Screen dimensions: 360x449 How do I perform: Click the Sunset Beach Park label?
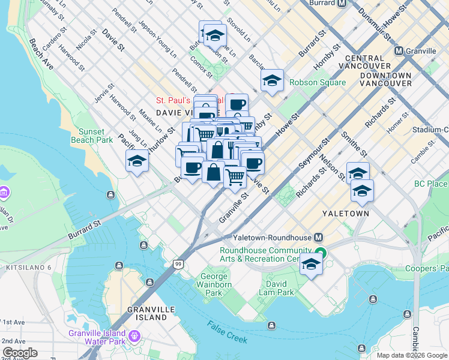pyautogui.click(x=95, y=136)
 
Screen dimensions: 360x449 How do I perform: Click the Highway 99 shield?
pyautogui.click(x=178, y=264)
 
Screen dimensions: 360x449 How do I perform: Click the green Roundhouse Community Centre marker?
pyautogui.click(x=321, y=254)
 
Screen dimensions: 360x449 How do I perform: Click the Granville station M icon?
pyautogui.click(x=399, y=51)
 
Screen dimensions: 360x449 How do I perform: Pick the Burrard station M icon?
pyautogui.click(x=342, y=3)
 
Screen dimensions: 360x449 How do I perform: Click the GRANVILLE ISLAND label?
pyautogui.click(x=147, y=313)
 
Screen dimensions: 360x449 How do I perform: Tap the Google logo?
pyautogui.click(x=20, y=353)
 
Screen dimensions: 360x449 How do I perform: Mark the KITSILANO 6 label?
pyautogui.click(x=26, y=266)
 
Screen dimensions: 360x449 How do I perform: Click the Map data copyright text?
pyautogui.click(x=412, y=355)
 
